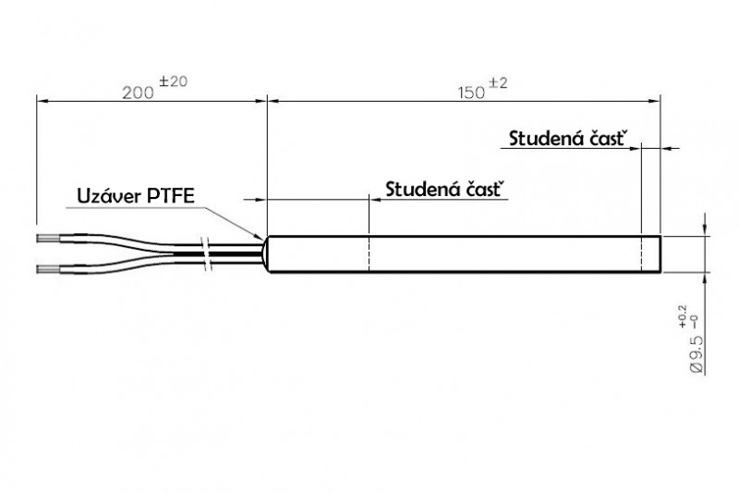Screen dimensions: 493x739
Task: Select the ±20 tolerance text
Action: click(173, 81)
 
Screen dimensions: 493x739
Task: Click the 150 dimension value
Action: click(474, 92)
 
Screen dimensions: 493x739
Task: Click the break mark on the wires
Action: click(210, 254)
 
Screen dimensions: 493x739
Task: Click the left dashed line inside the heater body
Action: click(369, 255)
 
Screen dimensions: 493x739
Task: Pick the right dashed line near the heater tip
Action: click(642, 255)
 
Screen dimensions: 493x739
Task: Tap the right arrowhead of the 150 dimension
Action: click(657, 101)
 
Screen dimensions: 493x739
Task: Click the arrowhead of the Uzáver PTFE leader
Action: click(261, 236)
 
